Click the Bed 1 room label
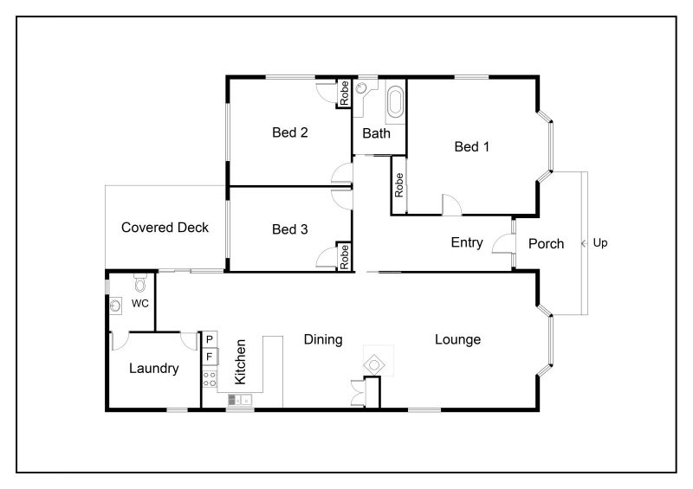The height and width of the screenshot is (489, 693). pyautogui.click(x=471, y=146)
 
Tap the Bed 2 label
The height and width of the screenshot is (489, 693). pyautogui.click(x=290, y=132)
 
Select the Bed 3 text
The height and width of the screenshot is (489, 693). pyautogui.click(x=290, y=229)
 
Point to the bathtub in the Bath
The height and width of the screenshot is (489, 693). pyautogui.click(x=396, y=102)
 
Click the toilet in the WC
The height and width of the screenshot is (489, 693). pyautogui.click(x=140, y=283)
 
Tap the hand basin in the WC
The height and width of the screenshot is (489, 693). pyautogui.click(x=115, y=306)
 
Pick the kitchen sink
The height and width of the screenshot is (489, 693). pyautogui.click(x=240, y=400)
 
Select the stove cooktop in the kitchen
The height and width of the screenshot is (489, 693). pyautogui.click(x=210, y=379)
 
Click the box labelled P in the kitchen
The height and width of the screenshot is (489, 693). pyautogui.click(x=210, y=339)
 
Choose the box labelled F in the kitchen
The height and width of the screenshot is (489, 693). pyautogui.click(x=210, y=357)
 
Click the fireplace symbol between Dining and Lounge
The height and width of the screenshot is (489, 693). pyautogui.click(x=374, y=365)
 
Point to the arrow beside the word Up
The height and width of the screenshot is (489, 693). pyautogui.click(x=585, y=243)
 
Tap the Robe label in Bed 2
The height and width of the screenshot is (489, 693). pyautogui.click(x=344, y=93)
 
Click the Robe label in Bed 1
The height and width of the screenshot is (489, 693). pyautogui.click(x=399, y=185)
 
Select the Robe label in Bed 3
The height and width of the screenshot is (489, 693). pyautogui.click(x=344, y=257)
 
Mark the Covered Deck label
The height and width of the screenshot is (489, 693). pyautogui.click(x=165, y=228)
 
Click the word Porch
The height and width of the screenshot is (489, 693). pyautogui.click(x=547, y=244)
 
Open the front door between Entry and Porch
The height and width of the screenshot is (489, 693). pyautogui.click(x=503, y=244)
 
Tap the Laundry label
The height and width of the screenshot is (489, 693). pyautogui.click(x=154, y=369)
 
